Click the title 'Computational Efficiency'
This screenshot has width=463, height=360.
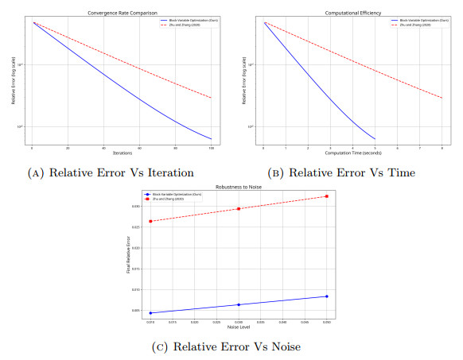(x=352, y=13)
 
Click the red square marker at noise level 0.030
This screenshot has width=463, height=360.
(x=239, y=209)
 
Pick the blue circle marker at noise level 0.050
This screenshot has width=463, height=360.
(x=326, y=296)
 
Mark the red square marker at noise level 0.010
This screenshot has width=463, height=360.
(x=150, y=221)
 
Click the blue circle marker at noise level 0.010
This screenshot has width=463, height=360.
(x=150, y=313)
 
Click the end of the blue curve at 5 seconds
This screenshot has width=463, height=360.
(x=374, y=139)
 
